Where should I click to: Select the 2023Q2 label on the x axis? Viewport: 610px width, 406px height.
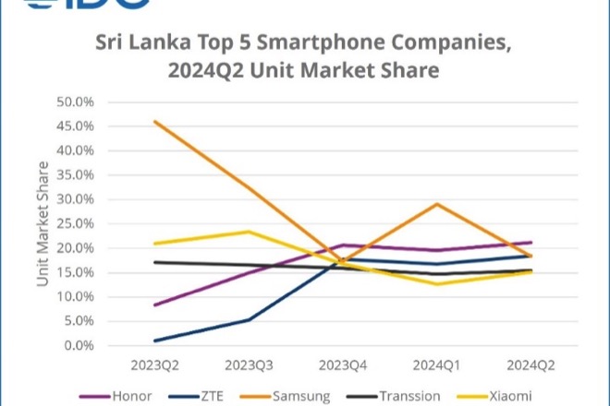[x=154, y=364]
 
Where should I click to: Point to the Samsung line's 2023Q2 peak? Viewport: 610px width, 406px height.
[x=154, y=121]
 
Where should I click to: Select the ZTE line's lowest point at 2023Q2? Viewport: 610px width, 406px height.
[x=154, y=340]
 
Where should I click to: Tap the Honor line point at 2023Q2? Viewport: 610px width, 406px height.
[x=154, y=304]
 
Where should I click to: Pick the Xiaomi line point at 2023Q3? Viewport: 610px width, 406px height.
[x=248, y=232]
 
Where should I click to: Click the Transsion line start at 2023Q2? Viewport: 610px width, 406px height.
[x=154, y=262]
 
